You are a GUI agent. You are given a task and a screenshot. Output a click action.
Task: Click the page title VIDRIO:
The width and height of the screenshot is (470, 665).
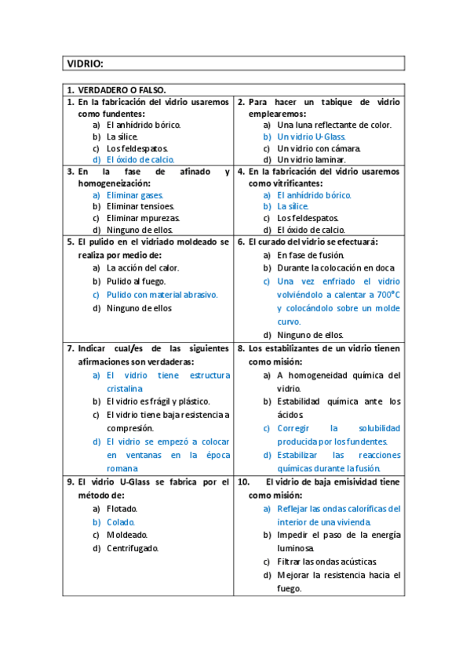coord(86,64)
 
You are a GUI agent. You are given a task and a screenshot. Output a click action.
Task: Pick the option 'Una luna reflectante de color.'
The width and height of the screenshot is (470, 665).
coord(334,125)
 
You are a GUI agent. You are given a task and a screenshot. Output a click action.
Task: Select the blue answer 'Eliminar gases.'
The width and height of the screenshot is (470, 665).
coord(135,194)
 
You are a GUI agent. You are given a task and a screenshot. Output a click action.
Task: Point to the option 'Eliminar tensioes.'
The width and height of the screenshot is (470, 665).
coord(140,206)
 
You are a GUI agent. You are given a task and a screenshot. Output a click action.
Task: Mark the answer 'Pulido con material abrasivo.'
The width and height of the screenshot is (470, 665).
coord(162,295)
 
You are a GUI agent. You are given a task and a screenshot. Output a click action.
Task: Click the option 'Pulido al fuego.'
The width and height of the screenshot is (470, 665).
coord(138,281)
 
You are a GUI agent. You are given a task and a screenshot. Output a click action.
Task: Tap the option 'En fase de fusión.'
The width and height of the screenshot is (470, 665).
coord(311,255)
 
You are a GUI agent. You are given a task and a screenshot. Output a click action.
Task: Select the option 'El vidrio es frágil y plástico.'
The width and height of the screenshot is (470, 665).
coord(163,402)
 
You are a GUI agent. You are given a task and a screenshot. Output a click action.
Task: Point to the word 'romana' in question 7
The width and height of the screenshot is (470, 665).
coord(122,468)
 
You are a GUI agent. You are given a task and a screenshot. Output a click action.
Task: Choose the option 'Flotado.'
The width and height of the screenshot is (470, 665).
coord(122,508)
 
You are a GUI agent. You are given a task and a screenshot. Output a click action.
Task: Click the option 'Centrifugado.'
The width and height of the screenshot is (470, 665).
coord(133,548)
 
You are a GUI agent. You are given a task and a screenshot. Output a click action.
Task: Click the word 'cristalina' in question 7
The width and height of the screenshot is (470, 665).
coord(125,388)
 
